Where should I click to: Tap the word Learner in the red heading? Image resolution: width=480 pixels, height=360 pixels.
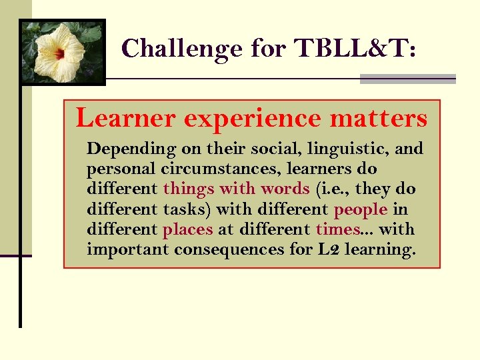pyautogui.click(x=125, y=118)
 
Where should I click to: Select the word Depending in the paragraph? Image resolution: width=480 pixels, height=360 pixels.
pyautogui.click(x=131, y=149)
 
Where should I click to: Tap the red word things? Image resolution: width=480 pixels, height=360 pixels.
pyautogui.click(x=188, y=189)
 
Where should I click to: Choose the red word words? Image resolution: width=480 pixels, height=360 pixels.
pyautogui.click(x=285, y=189)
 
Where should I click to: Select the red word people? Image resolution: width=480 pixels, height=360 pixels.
pyautogui.click(x=360, y=209)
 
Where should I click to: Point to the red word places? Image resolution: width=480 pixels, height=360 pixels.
pyautogui.click(x=188, y=229)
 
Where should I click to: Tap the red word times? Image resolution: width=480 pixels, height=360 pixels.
pyautogui.click(x=337, y=229)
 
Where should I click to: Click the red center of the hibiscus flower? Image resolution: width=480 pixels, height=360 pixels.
pyautogui.click(x=61, y=53)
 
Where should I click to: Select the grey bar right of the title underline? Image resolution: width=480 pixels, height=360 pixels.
pyautogui.click(x=407, y=79)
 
